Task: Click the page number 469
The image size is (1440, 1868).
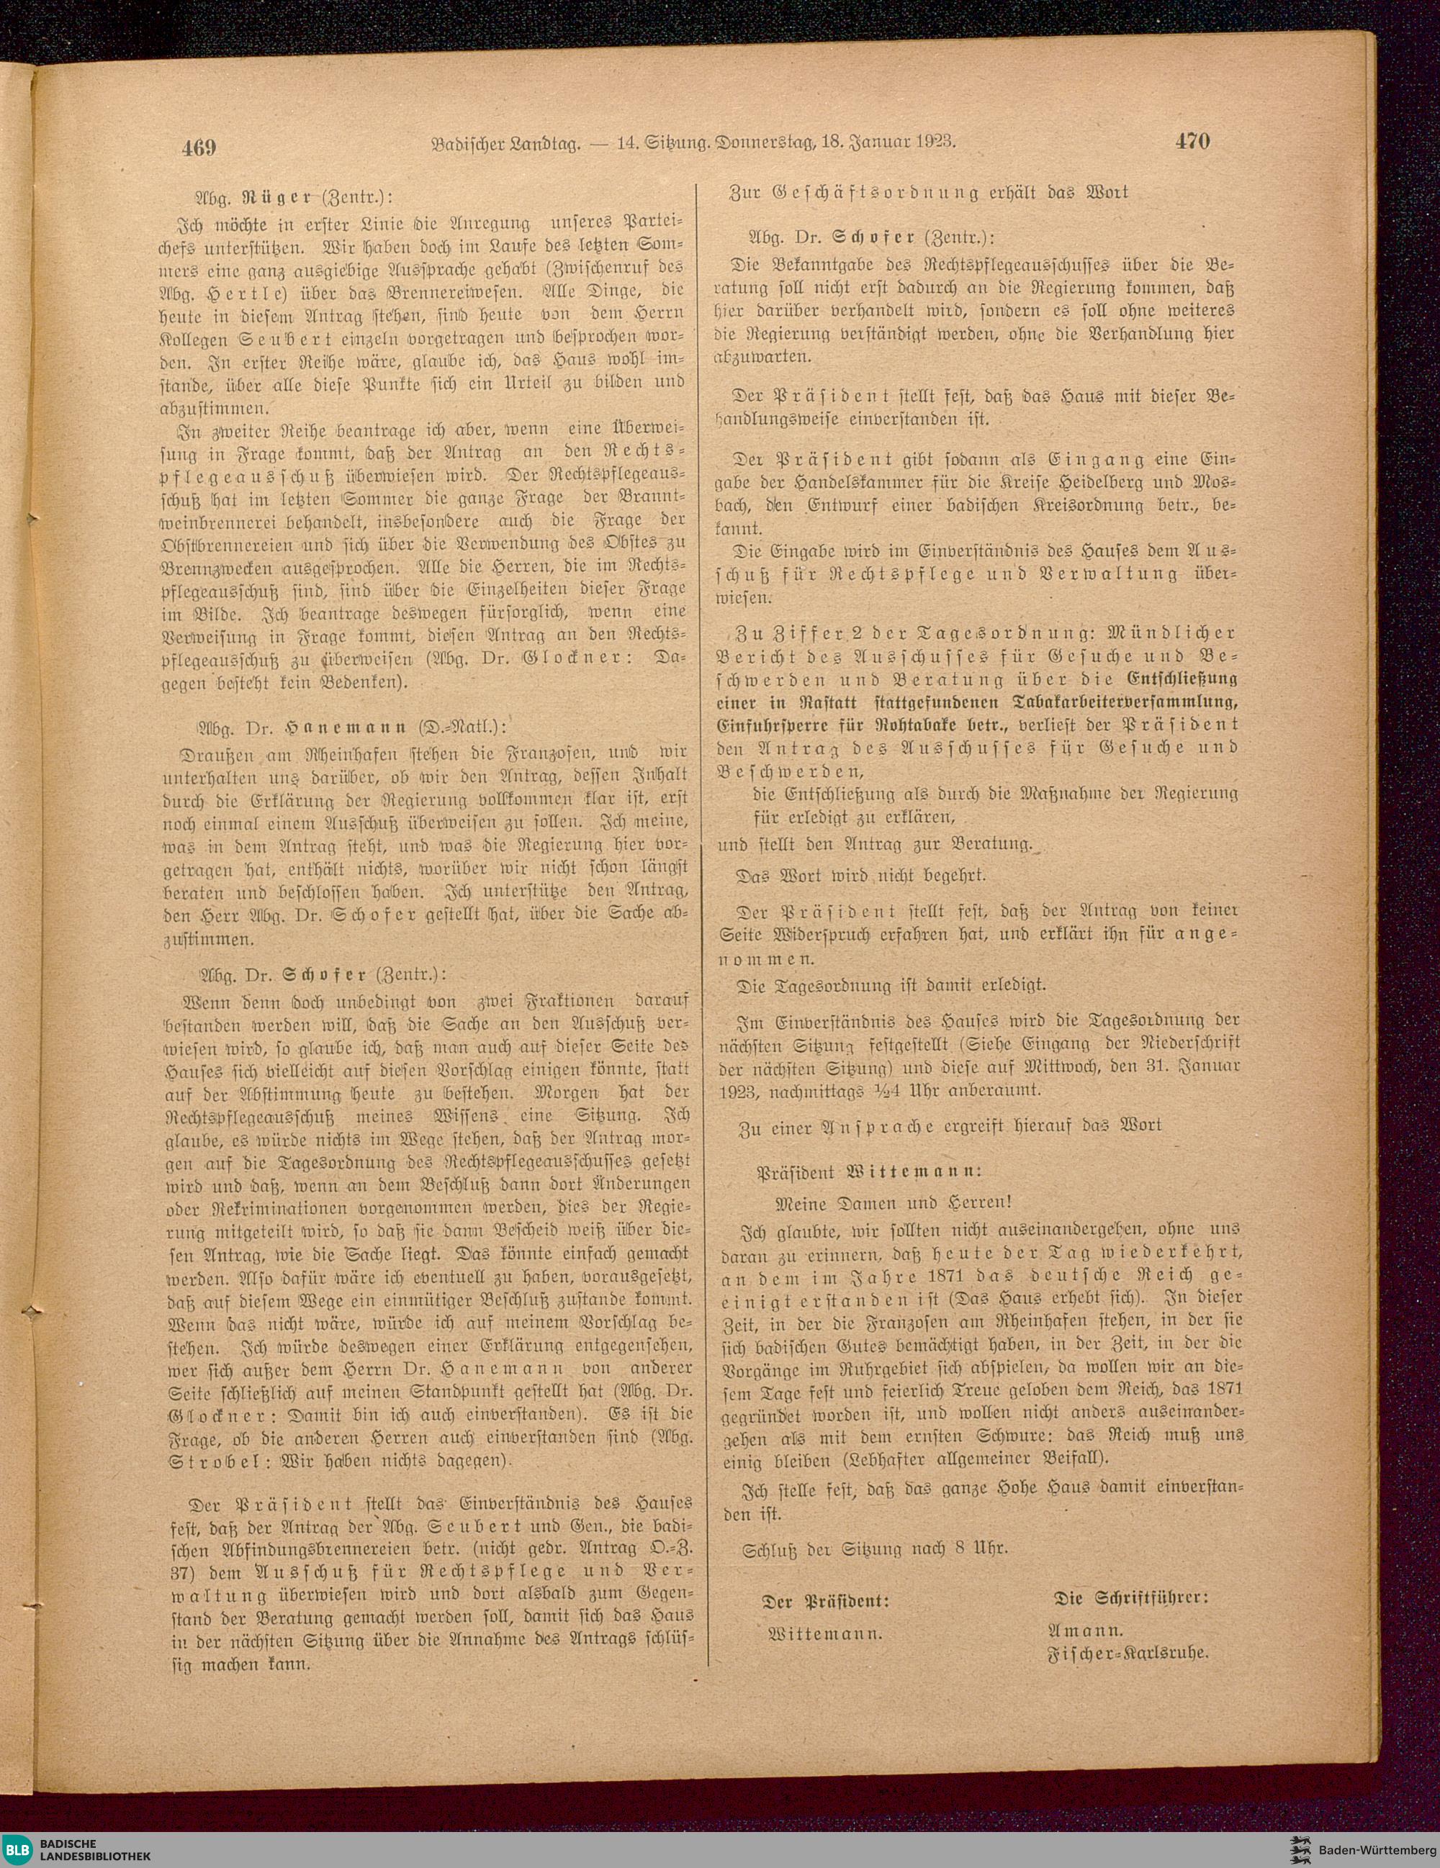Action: [198, 147]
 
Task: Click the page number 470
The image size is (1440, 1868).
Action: [1192, 141]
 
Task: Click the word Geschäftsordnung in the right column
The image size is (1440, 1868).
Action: [865, 192]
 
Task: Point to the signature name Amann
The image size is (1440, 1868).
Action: [1085, 1631]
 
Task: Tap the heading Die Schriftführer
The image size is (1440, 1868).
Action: [1130, 1597]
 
